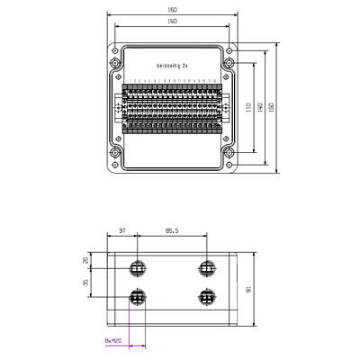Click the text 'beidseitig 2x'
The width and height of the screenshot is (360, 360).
[171, 67]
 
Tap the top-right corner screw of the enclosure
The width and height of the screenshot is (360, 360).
[231, 49]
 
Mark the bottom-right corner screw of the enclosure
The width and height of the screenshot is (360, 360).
[231, 167]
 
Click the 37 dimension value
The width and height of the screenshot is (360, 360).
[123, 231]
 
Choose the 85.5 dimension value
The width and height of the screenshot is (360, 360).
[171, 231]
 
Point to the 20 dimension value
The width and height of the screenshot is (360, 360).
[86, 260]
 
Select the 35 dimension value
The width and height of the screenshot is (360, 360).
[86, 283]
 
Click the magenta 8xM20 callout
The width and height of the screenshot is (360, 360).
[112, 341]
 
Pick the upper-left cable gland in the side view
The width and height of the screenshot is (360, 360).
[138, 268]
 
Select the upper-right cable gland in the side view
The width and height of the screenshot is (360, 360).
[207, 268]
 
